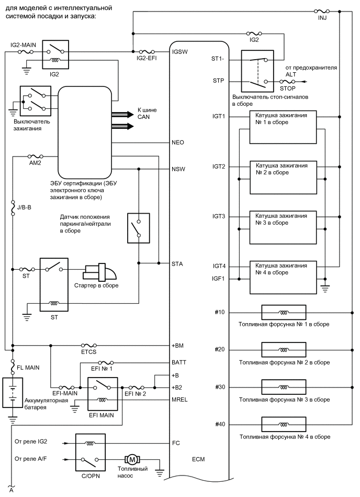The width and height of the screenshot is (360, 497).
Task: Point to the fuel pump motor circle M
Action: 132,459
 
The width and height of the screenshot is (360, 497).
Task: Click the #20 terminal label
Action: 220,349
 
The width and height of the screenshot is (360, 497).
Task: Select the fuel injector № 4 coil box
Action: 283,423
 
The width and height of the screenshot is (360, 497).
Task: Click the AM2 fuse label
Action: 35,162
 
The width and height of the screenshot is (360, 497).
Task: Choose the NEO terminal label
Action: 178,142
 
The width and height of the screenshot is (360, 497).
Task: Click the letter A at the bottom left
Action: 11,491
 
